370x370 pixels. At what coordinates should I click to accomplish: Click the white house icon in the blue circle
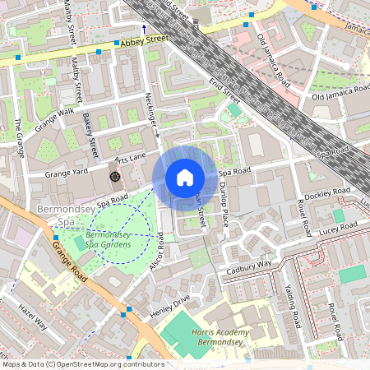[x=185, y=178]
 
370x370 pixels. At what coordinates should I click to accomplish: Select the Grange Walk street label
[x=54, y=119]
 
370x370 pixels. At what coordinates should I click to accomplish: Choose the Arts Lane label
[x=130, y=156]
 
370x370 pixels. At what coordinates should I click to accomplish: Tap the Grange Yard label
[x=66, y=173]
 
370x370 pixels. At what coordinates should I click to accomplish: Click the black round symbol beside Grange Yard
[x=113, y=176]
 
